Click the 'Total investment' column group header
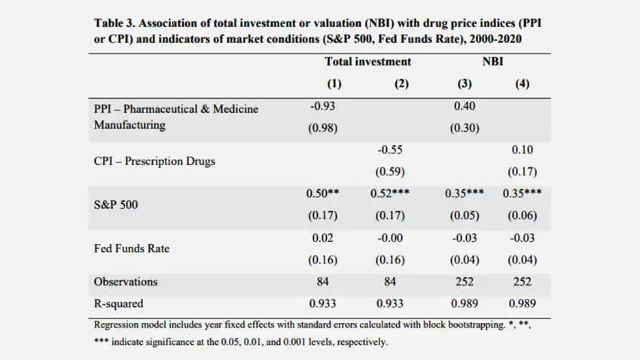coord(367,62)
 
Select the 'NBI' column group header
coord(492,62)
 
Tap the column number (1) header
coord(334,84)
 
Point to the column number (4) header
coord(522,84)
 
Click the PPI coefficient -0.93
coord(322,106)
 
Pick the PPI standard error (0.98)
coord(322,128)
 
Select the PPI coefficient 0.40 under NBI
coord(465,106)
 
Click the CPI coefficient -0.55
coord(390,150)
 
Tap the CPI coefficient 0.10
coord(522,150)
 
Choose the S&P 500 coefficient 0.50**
coord(322,194)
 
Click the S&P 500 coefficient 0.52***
coord(390,194)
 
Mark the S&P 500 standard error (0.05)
coord(465,215)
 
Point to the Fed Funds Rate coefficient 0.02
coord(322,238)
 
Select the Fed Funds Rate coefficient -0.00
coord(390,238)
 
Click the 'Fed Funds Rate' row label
coord(132,249)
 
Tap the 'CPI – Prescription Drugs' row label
coord(154,161)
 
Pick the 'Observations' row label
coord(126,282)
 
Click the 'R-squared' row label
coord(118,304)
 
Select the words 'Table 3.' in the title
coord(114,23)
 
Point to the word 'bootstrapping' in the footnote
coord(477,325)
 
